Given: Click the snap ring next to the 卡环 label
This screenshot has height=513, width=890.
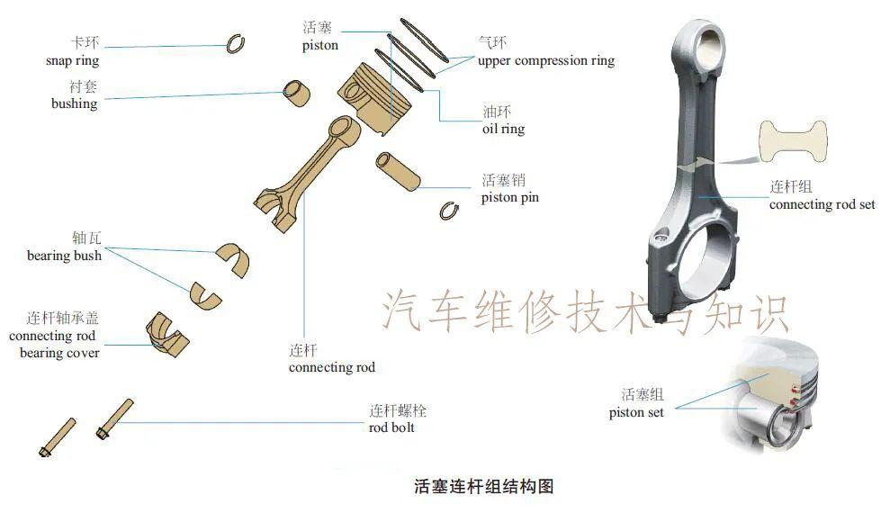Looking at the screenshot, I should (x=236, y=43).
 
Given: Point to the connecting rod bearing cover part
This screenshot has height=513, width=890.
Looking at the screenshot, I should (x=166, y=330).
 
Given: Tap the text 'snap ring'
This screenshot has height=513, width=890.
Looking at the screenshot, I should (x=72, y=61).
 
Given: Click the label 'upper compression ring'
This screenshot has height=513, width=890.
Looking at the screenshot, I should (x=546, y=61).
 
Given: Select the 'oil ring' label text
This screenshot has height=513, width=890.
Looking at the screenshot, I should (x=503, y=129).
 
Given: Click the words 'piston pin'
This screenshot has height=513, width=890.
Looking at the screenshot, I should (x=509, y=197).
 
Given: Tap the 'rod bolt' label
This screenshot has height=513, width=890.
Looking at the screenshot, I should (x=391, y=427).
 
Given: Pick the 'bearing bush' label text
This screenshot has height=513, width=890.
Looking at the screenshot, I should (x=64, y=256).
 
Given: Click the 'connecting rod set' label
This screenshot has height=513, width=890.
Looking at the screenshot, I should (x=822, y=204).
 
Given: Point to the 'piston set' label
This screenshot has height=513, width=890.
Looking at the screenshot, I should (x=636, y=412).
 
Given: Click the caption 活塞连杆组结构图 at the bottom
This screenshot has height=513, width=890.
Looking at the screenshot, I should (x=483, y=487).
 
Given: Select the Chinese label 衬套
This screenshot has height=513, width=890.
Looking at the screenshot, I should (x=83, y=86).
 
